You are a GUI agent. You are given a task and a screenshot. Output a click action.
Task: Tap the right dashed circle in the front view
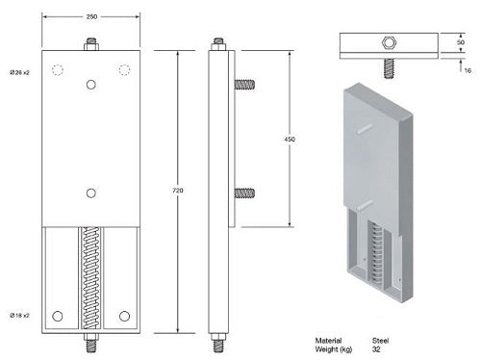[x=124, y=69]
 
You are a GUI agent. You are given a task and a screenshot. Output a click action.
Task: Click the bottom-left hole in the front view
[x=58, y=316]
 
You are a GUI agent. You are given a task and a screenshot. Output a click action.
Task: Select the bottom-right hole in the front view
[x=124, y=316]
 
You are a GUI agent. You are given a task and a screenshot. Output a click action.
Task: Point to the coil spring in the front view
[x=90, y=279]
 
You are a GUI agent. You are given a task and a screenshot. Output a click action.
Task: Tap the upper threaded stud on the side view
[x=244, y=84]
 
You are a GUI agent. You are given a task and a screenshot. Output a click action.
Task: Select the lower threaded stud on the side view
[x=244, y=193]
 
